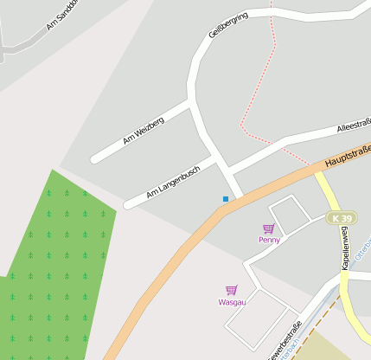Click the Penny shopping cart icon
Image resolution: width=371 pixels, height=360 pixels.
pos(269,228)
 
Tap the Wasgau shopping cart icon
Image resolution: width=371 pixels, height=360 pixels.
pos(232,291)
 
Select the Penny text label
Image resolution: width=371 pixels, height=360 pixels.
pos(269,240)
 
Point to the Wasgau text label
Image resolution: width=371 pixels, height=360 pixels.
pos(232,302)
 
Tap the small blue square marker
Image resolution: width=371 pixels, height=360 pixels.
pos(226,199)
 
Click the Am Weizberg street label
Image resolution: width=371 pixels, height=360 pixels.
pos(143,130)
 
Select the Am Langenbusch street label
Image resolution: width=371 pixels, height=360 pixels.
pos(173,180)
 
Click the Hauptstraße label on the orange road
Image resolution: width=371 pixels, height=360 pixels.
pos(346,156)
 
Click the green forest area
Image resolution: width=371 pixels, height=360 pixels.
pos(52,260)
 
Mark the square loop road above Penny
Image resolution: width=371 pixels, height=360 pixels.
pos(289,211)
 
